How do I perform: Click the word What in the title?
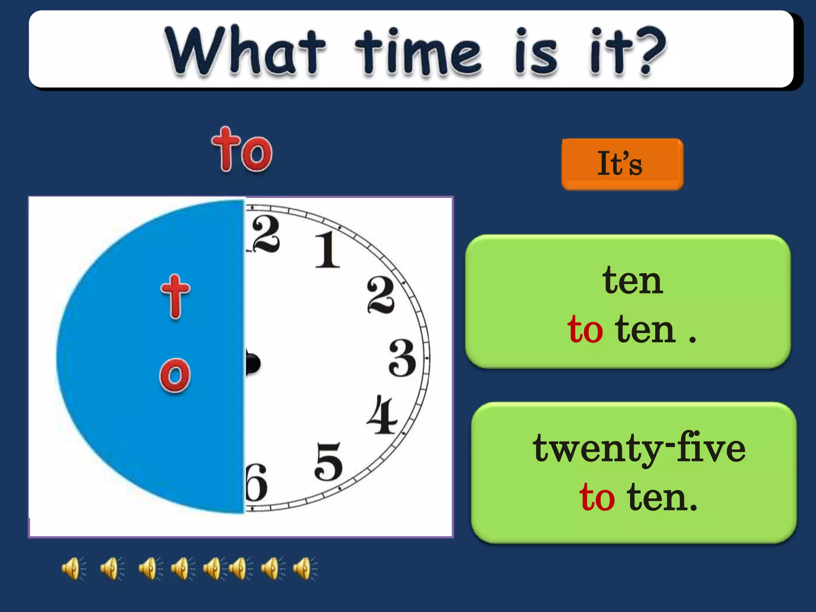pyautogui.click(x=245, y=51)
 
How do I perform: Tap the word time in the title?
pyautogui.click(x=418, y=52)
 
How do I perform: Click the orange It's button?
pyautogui.click(x=622, y=164)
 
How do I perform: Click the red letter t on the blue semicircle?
pyautogui.click(x=175, y=296)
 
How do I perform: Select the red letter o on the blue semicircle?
pyautogui.click(x=175, y=375)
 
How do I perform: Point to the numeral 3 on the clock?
pyautogui.click(x=402, y=358)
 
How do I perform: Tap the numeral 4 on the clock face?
pyautogui.click(x=381, y=415)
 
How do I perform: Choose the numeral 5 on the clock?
pyautogui.click(x=328, y=461)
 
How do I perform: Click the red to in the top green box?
pyautogui.click(x=585, y=330)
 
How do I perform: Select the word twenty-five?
pyautogui.click(x=639, y=449)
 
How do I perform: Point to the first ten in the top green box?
pyautogui.click(x=632, y=281)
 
